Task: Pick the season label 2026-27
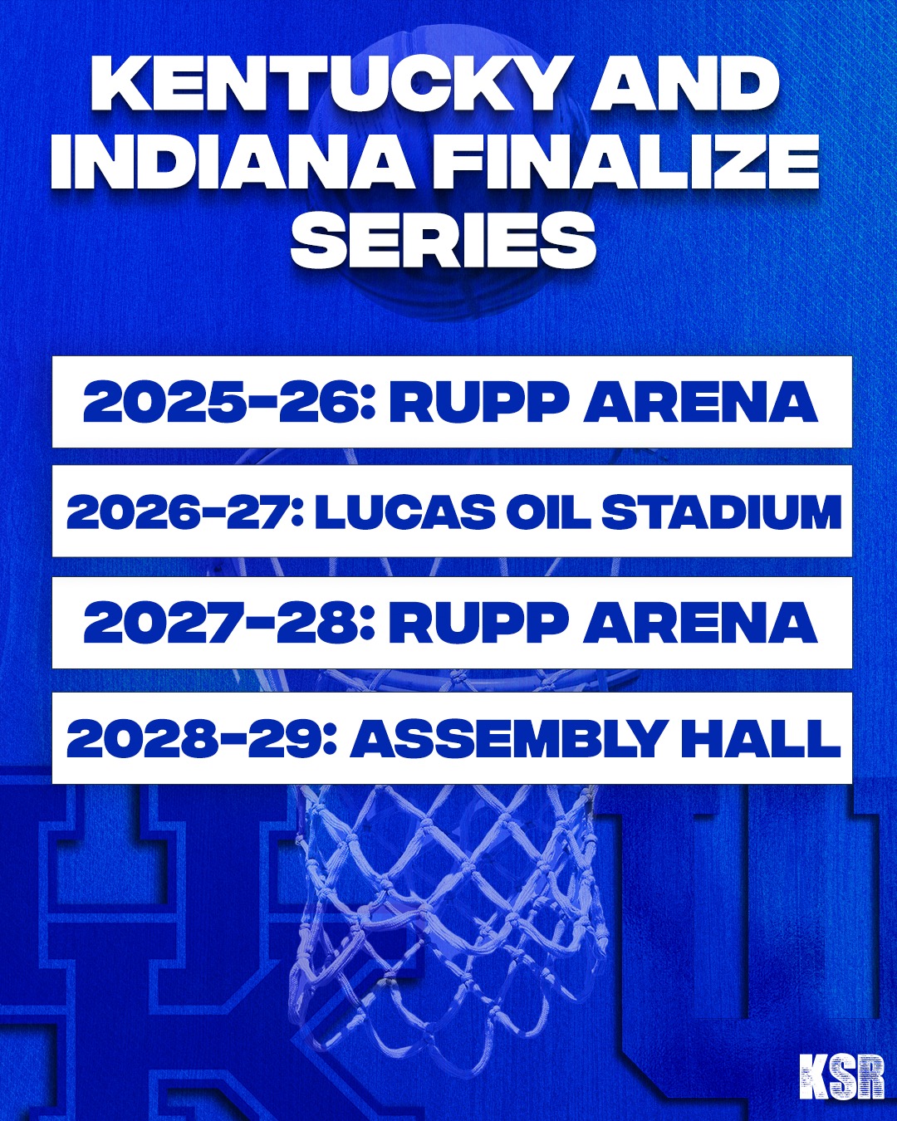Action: pyautogui.click(x=185, y=512)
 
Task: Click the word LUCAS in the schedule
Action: pyautogui.click(x=404, y=512)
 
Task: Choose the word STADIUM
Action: pyautogui.click(x=721, y=512)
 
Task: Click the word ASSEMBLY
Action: pyautogui.click(x=508, y=738)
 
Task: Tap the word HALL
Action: pyautogui.click(x=760, y=738)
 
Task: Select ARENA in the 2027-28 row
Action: pyautogui.click(x=699, y=623)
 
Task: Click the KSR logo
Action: pyautogui.click(x=841, y=1077)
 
